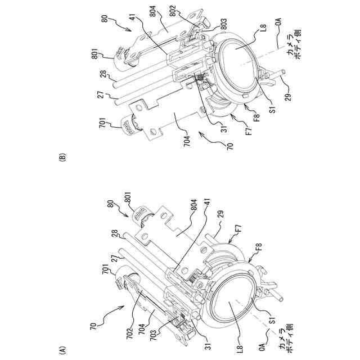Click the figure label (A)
(x=63, y=349)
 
